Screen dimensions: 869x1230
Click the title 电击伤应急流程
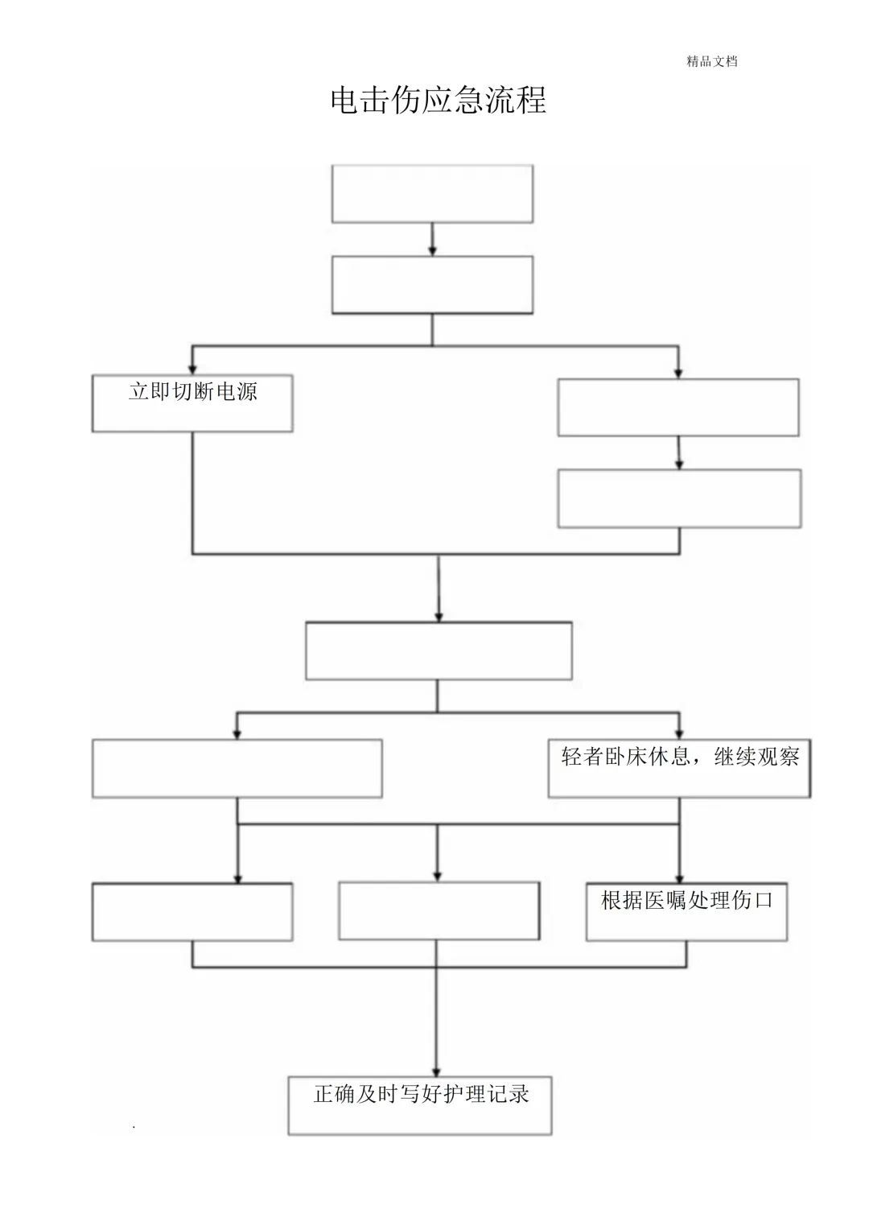(439, 101)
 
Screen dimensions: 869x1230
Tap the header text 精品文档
(711, 61)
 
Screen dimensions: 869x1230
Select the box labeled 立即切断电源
(192, 403)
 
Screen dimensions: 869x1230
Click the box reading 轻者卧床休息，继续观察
(679, 768)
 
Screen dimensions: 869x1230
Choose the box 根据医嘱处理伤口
(686, 911)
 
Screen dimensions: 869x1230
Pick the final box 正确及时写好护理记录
(420, 1105)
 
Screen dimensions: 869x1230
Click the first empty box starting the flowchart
(432, 194)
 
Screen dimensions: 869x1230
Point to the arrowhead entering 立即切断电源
(192, 369)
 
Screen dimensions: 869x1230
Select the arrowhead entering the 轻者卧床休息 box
(679, 733)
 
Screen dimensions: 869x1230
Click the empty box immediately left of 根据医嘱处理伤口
(439, 911)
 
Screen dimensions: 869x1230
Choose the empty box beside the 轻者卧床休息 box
(237, 769)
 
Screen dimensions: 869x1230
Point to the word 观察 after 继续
(778, 757)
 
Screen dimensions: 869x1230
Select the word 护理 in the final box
(464, 1094)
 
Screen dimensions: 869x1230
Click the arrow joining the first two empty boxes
(432, 240)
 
